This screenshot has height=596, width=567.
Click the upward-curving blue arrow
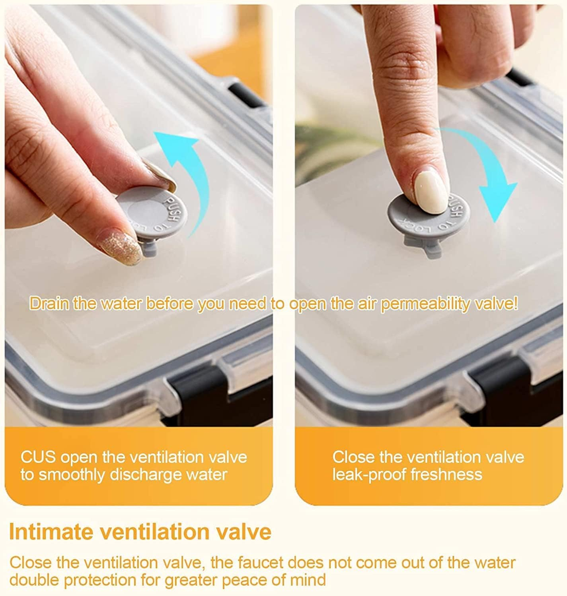click(197, 173)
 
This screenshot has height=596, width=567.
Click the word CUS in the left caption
click(38, 457)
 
